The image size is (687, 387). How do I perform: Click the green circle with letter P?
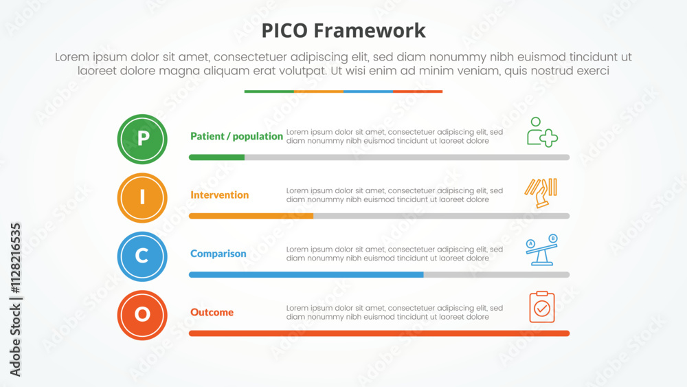(142, 140)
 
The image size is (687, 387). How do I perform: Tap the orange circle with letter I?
(142, 198)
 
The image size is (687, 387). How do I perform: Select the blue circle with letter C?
(142, 256)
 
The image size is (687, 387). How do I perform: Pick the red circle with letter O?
(142, 315)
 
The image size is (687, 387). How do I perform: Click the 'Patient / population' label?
(236, 136)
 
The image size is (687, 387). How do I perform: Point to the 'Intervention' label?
(220, 195)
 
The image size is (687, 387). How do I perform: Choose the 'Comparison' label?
(218, 254)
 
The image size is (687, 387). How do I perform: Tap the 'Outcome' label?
(212, 312)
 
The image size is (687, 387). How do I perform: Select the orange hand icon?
(541, 193)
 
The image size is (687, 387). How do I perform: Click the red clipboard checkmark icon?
(542, 307)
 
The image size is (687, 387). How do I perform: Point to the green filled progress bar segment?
(216, 157)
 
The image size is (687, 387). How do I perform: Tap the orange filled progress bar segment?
(251, 216)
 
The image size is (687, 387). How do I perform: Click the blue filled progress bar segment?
(306, 275)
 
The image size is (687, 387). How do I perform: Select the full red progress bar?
(379, 333)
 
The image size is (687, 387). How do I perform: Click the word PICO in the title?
(284, 31)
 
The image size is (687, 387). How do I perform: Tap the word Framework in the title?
(370, 31)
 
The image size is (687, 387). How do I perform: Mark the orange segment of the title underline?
(319, 91)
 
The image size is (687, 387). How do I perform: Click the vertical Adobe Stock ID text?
(15, 300)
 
